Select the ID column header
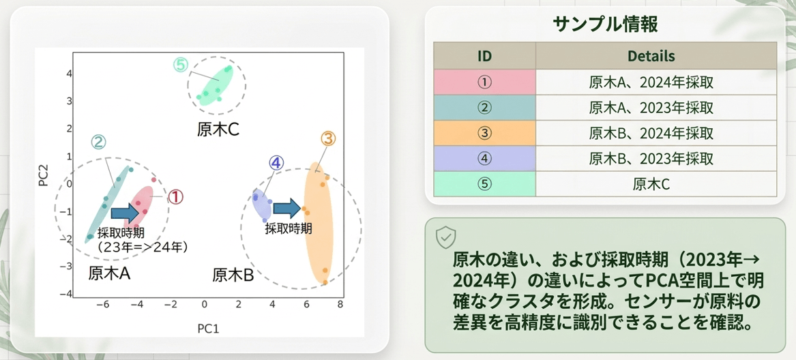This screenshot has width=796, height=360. tap(485, 55)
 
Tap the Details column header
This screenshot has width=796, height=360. tap(656, 55)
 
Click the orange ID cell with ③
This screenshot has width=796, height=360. tap(485, 133)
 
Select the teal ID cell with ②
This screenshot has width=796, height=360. tap(485, 108)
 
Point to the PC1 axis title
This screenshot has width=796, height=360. tap(208, 329)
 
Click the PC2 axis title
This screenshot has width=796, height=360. tap(44, 174)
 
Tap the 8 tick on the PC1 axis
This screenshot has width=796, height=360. tap(340, 304)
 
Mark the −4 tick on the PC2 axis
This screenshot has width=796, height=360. tap(65, 294)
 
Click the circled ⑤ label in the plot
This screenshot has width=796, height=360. tap(181, 65)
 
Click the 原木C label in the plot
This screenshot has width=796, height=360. tap(218, 130)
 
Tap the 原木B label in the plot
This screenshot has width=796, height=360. tap(233, 275)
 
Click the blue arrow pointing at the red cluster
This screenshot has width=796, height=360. tap(124, 213)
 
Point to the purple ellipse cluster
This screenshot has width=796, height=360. tap(263, 204)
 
